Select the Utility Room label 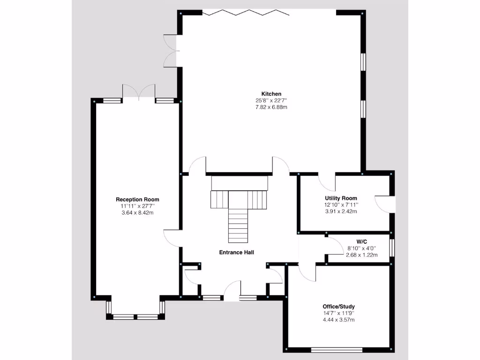(341, 198)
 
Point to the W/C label (361, 241)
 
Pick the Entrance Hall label (237, 252)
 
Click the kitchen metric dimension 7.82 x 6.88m (271, 107)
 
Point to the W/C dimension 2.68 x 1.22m (361, 255)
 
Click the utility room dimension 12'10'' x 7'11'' (341, 205)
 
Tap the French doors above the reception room (138, 92)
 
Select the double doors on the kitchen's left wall (170, 50)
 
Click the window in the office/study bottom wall (337, 349)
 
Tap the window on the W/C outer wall (392, 248)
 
